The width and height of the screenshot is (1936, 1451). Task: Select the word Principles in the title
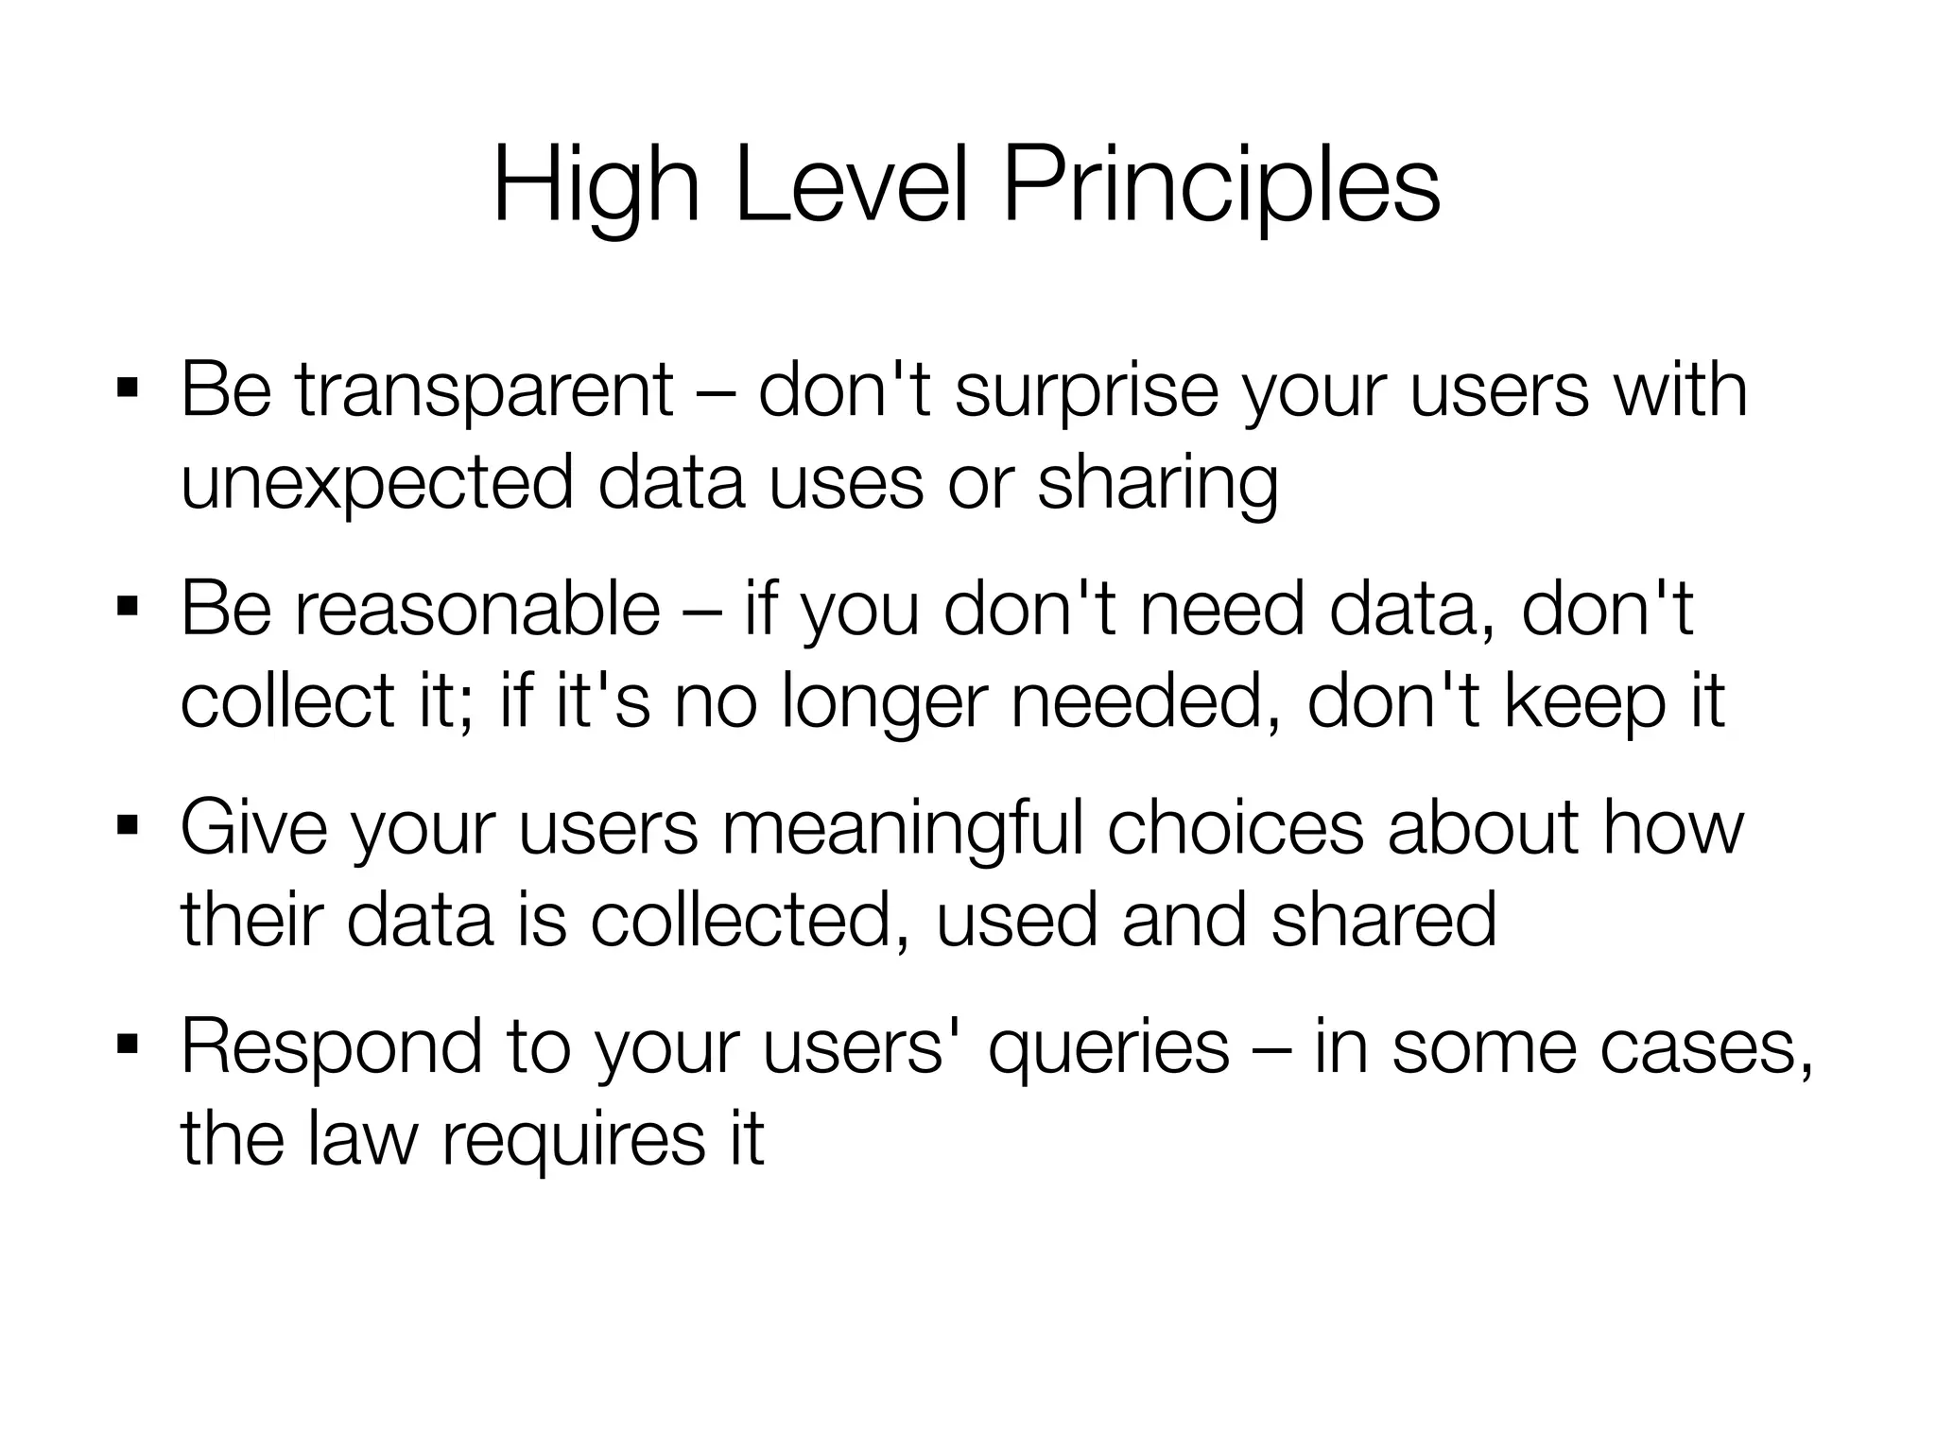[x=1220, y=187]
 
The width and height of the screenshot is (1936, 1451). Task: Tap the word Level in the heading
[x=852, y=187]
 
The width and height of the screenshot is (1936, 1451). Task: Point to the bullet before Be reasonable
[x=128, y=607]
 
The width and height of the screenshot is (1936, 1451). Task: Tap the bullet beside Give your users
[x=128, y=827]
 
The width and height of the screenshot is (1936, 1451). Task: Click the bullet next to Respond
[x=128, y=1045]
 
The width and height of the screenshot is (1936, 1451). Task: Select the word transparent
[x=484, y=390]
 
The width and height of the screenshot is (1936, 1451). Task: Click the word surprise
[x=1086, y=390]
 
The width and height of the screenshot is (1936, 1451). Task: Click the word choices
[x=1236, y=828]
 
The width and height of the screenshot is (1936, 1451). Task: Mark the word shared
[x=1384, y=921]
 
